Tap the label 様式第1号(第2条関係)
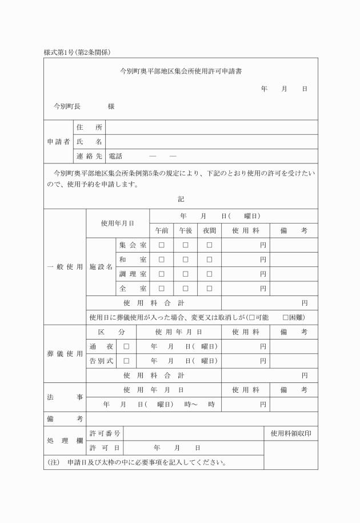[77, 52]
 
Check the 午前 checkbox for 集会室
[161, 245]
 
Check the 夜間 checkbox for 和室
[209, 259]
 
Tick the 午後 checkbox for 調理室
[185, 274]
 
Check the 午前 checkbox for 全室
[161, 289]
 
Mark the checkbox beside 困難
[286, 317]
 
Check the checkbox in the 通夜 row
[126, 346]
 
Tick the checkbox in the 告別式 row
[126, 361]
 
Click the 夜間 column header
[209, 230]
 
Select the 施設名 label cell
[101, 267]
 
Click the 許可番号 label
[105, 433]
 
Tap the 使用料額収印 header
[291, 433]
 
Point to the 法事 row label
[65, 397]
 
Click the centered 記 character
[181, 199]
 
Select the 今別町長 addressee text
[67, 106]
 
